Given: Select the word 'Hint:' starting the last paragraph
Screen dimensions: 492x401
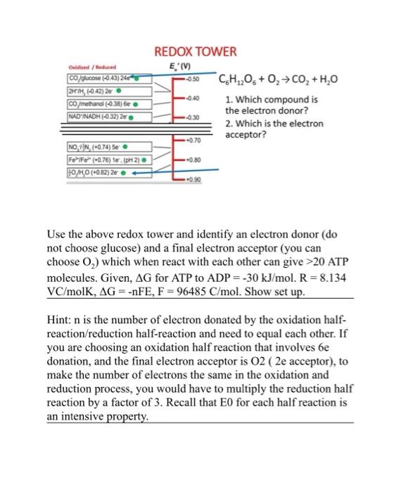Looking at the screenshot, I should pos(62,319).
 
